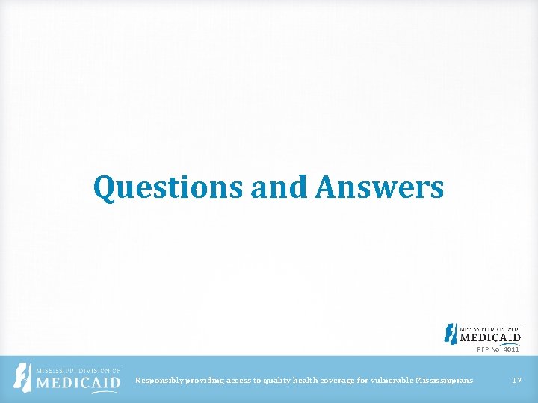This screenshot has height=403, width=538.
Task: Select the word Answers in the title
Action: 379,187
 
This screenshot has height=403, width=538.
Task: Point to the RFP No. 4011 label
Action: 498,349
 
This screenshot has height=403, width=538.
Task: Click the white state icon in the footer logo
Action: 25,379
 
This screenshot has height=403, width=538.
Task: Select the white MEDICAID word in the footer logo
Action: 78,384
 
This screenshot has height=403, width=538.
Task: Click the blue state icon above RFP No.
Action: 450,333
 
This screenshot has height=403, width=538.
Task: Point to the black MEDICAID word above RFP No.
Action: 490,337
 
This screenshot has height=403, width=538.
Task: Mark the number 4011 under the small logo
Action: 510,349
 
